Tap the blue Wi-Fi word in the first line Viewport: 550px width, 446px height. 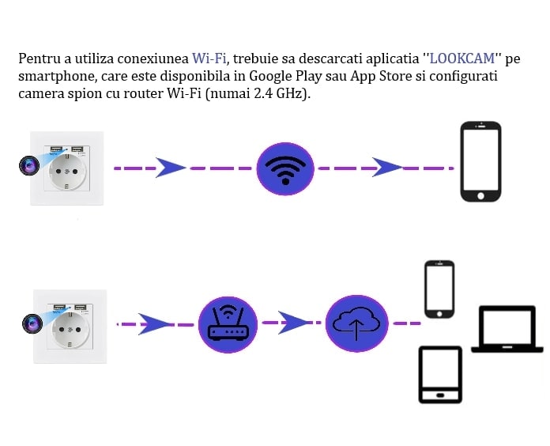209,59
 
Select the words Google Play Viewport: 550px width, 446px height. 281,77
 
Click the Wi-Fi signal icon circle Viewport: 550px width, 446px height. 285,168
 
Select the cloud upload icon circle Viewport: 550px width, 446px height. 356,323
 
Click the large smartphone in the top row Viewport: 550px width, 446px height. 480,161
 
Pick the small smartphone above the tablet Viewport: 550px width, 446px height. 439,289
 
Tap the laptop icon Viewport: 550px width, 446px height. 507,330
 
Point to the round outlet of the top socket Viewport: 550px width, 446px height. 67,175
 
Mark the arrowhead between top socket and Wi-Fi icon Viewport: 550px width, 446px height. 170,168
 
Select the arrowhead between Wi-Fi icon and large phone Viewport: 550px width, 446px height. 386,168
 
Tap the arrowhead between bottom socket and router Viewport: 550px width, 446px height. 156,323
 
